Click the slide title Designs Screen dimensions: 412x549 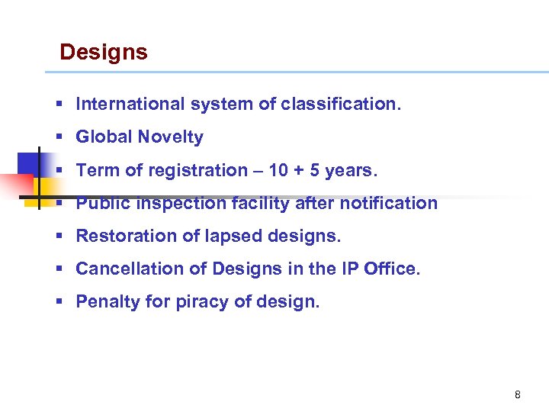[x=103, y=53]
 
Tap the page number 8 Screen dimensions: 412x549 [x=518, y=395]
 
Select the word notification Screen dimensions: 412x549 [x=388, y=203]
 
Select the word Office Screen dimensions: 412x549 [x=392, y=269]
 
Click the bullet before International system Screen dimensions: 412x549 [x=59, y=104]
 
